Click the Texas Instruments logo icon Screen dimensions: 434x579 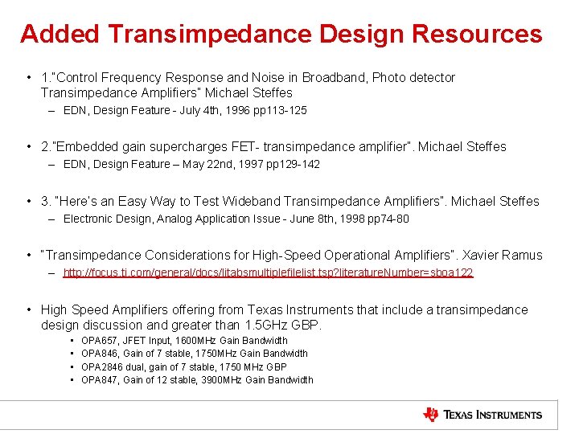[x=431, y=415]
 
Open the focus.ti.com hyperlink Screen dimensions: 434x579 [x=268, y=273]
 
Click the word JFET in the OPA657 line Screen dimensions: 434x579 [x=136, y=341]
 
